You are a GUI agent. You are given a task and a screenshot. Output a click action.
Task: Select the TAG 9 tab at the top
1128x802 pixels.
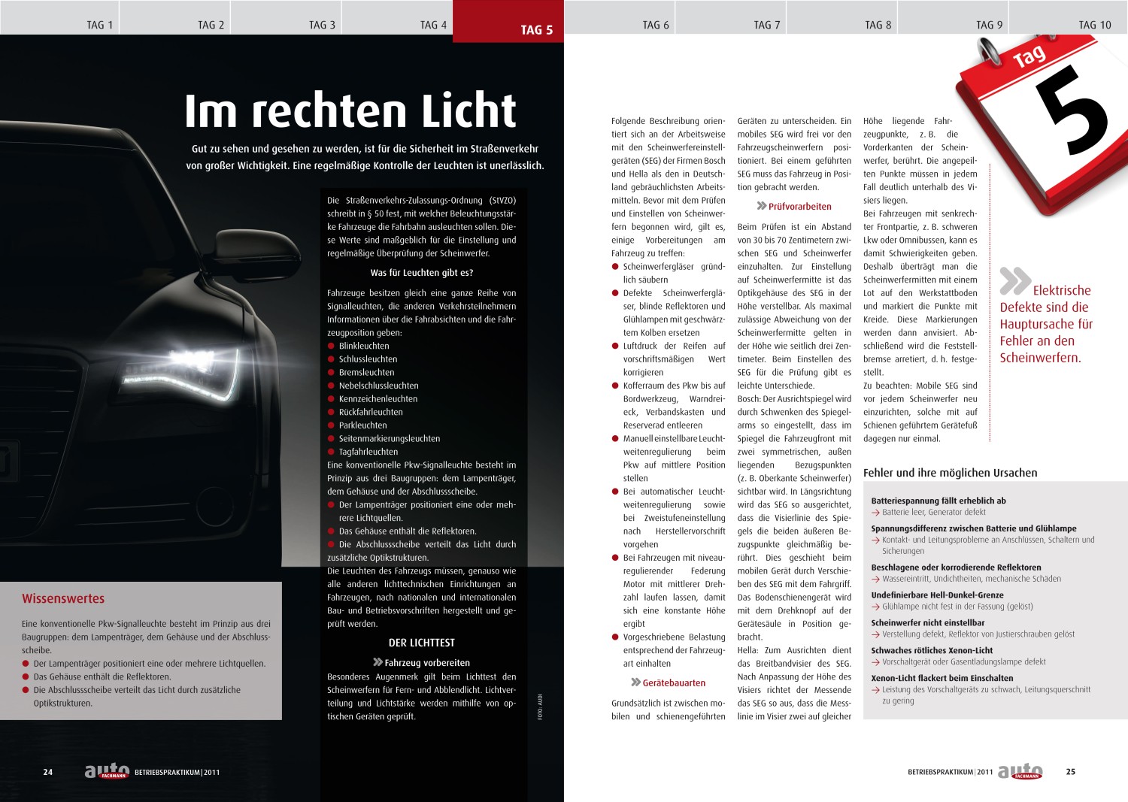tap(989, 25)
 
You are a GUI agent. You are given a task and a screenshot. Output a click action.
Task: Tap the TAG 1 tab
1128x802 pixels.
tap(99, 25)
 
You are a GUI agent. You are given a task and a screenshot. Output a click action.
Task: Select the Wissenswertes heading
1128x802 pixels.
tap(63, 599)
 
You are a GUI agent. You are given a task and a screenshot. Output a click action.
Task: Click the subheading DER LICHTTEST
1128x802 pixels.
tap(421, 643)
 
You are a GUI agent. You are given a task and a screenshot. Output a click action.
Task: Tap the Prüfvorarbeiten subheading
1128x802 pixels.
tap(799, 207)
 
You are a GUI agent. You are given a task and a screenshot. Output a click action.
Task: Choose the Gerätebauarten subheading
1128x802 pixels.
tap(673, 683)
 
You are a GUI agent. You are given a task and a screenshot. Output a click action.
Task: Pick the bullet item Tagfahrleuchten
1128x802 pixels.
tap(368, 452)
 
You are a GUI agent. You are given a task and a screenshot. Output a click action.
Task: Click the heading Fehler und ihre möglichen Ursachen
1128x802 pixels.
tap(950, 473)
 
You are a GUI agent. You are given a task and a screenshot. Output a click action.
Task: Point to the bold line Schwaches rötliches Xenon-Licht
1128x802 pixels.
tap(932, 651)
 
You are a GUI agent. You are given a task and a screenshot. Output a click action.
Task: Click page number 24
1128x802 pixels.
tap(48, 772)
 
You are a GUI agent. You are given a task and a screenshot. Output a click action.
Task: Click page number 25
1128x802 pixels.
tap(1071, 772)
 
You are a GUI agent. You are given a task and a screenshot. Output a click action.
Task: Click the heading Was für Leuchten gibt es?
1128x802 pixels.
tap(421, 273)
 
